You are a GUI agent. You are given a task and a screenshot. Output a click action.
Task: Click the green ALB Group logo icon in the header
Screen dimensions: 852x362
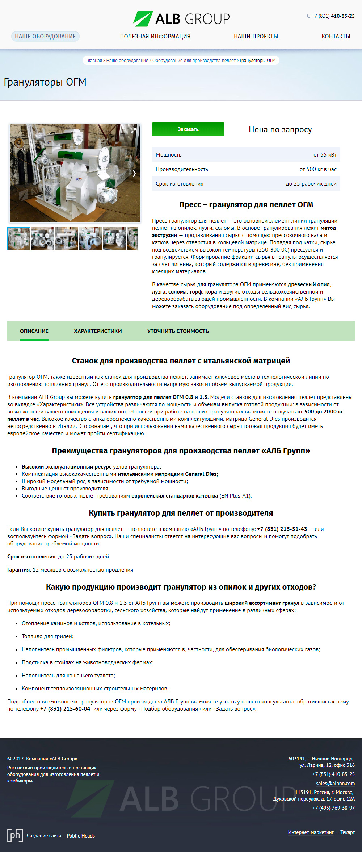[143, 19]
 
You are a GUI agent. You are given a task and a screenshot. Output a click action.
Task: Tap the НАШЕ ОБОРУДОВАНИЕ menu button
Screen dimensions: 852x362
[45, 36]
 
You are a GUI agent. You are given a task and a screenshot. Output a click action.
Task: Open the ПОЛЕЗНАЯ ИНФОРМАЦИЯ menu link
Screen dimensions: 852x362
[155, 36]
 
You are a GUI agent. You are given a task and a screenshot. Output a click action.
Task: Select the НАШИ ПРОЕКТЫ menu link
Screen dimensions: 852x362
[256, 36]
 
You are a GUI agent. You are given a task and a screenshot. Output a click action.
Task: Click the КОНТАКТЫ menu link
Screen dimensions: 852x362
[336, 36]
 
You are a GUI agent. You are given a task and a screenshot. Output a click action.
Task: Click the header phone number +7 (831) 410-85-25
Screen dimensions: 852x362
[333, 16]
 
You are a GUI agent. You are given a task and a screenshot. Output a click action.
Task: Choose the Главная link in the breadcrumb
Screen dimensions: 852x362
[94, 61]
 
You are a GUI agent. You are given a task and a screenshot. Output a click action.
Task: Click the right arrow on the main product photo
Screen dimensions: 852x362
[134, 174]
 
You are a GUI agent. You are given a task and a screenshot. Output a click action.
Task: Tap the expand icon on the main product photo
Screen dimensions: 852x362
[134, 130]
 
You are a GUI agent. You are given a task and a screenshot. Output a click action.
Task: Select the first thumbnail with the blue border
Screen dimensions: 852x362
[19, 239]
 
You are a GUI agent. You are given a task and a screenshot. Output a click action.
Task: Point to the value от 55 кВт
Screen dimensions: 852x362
[325, 155]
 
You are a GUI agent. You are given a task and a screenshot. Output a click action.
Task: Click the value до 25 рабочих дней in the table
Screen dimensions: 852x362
[311, 184]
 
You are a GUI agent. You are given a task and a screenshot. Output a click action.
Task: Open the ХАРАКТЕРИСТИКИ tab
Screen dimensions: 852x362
[98, 331]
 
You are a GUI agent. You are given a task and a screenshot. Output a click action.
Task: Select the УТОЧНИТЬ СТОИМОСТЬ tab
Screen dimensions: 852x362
[178, 331]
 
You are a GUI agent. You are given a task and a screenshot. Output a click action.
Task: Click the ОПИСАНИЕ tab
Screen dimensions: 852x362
[34, 331]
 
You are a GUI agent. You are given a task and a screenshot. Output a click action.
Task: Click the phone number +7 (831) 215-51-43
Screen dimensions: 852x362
[282, 529]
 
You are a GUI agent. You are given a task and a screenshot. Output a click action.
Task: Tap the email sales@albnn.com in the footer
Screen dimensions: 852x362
[335, 783]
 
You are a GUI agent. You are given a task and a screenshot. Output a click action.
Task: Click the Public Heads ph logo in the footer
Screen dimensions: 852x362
[15, 835]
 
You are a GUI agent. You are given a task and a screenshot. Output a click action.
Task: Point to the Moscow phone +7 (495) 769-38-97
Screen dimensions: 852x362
[333, 808]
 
